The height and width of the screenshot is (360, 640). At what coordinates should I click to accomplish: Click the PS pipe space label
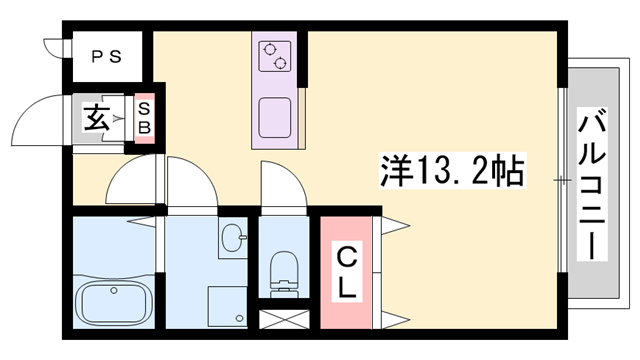[x=107, y=57]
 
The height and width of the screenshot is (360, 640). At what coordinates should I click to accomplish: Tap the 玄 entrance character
[x=97, y=118]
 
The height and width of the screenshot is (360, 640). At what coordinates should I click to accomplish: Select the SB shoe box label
[x=144, y=118]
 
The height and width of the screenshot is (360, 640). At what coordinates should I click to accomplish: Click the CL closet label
[x=347, y=273]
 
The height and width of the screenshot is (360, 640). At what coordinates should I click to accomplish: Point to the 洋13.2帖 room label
[x=452, y=170]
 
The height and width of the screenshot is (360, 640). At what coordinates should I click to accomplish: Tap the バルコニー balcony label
[x=592, y=184]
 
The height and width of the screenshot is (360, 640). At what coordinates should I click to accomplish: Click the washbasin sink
[x=233, y=238]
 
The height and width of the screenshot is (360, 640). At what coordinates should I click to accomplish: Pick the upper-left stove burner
[x=270, y=50]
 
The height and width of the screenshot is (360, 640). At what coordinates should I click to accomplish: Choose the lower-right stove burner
[x=280, y=63]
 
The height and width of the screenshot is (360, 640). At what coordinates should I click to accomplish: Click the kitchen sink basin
[x=275, y=118]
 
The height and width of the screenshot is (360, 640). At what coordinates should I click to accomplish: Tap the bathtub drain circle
[x=114, y=291]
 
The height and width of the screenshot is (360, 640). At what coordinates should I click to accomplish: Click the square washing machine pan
[x=227, y=307]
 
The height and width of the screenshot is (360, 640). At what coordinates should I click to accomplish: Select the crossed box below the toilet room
[x=284, y=319]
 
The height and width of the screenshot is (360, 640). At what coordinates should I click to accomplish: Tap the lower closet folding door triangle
[x=394, y=320]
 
